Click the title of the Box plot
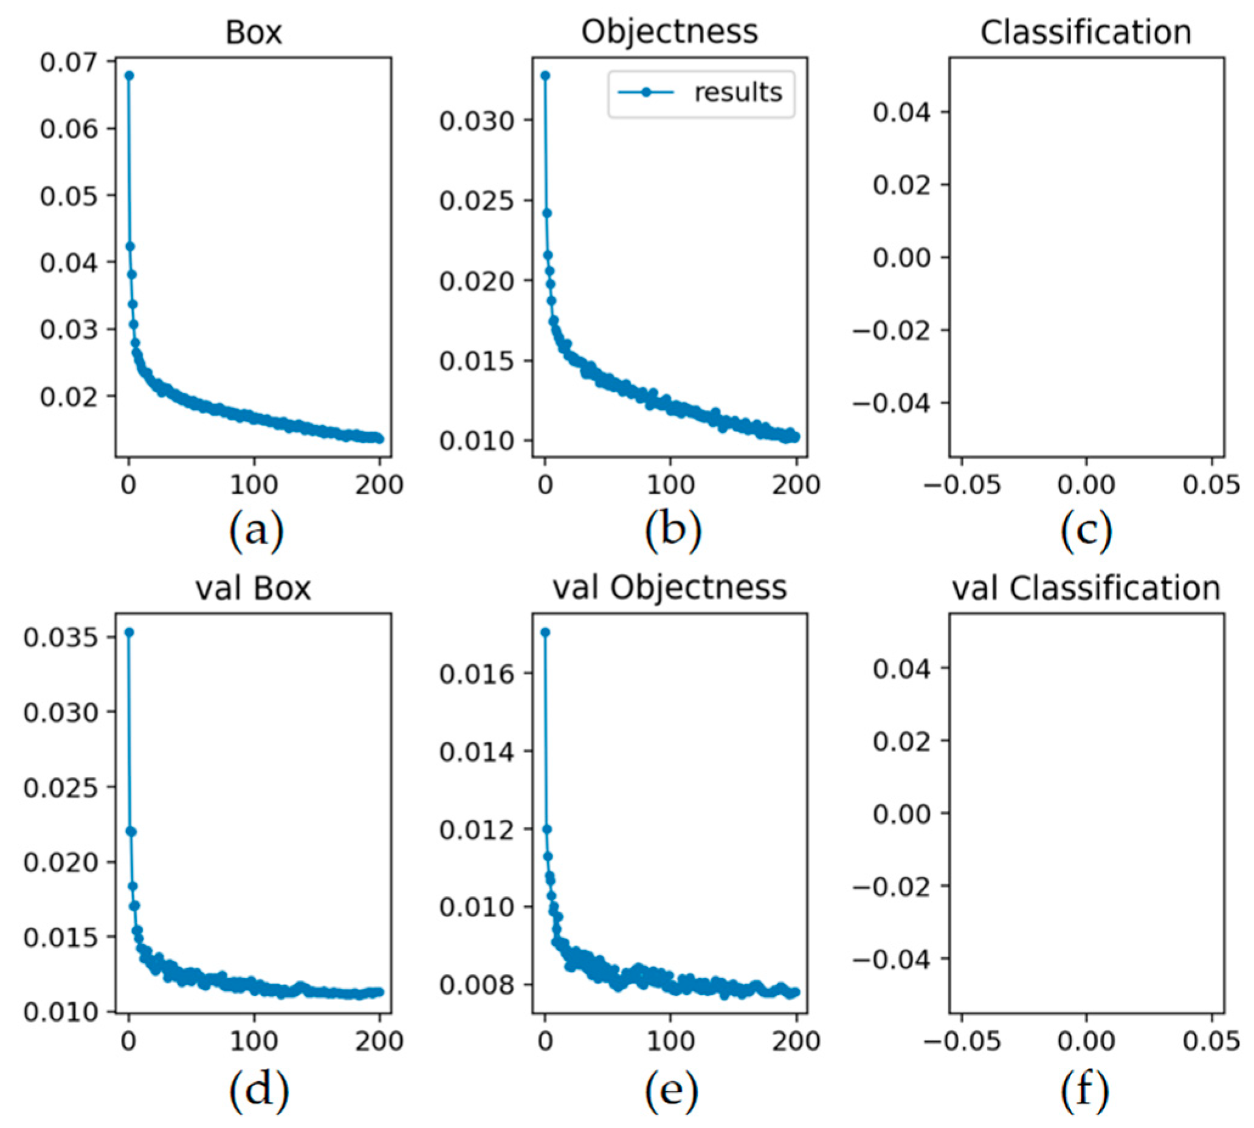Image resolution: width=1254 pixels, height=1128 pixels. click(x=253, y=32)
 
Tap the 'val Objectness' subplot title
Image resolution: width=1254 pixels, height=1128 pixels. click(x=669, y=588)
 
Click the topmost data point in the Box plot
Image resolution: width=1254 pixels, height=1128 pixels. click(x=129, y=75)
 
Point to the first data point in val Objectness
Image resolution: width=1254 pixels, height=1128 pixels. click(x=545, y=632)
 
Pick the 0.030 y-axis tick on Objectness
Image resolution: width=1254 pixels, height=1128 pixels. click(x=477, y=120)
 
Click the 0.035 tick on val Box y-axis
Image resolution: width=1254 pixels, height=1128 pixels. click(x=60, y=637)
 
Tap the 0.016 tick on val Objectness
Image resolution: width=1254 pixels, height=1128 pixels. click(x=477, y=674)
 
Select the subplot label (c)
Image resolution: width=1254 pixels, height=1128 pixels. click(x=1086, y=531)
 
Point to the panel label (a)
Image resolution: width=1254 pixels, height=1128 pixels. click(x=256, y=531)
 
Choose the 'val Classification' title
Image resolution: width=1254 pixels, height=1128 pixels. click(x=1086, y=588)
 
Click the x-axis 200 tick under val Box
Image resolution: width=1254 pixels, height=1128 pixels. click(x=379, y=1040)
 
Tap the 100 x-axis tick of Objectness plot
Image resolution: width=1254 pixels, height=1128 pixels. click(x=670, y=484)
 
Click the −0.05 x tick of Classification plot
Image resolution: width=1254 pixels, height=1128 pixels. click(x=962, y=484)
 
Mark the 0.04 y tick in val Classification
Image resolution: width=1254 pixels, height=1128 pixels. click(x=901, y=668)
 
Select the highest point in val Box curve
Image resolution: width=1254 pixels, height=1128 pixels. click(x=129, y=632)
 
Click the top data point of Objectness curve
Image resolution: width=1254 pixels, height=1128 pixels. click(x=545, y=75)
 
